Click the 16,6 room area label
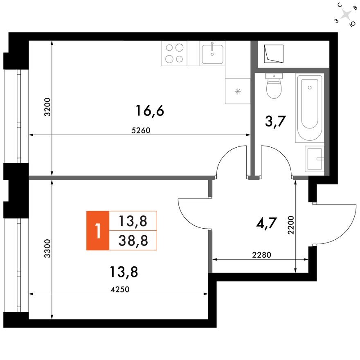pyautogui.click(x=150, y=110)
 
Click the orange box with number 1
pyautogui.click(x=97, y=230)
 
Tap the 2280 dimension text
pyautogui.click(x=262, y=255)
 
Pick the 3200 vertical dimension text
pyautogui.click(x=47, y=108)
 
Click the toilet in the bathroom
pyautogui.click(x=274, y=86)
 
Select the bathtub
pyautogui.click(x=310, y=107)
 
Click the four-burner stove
pyautogui.click(x=174, y=54)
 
